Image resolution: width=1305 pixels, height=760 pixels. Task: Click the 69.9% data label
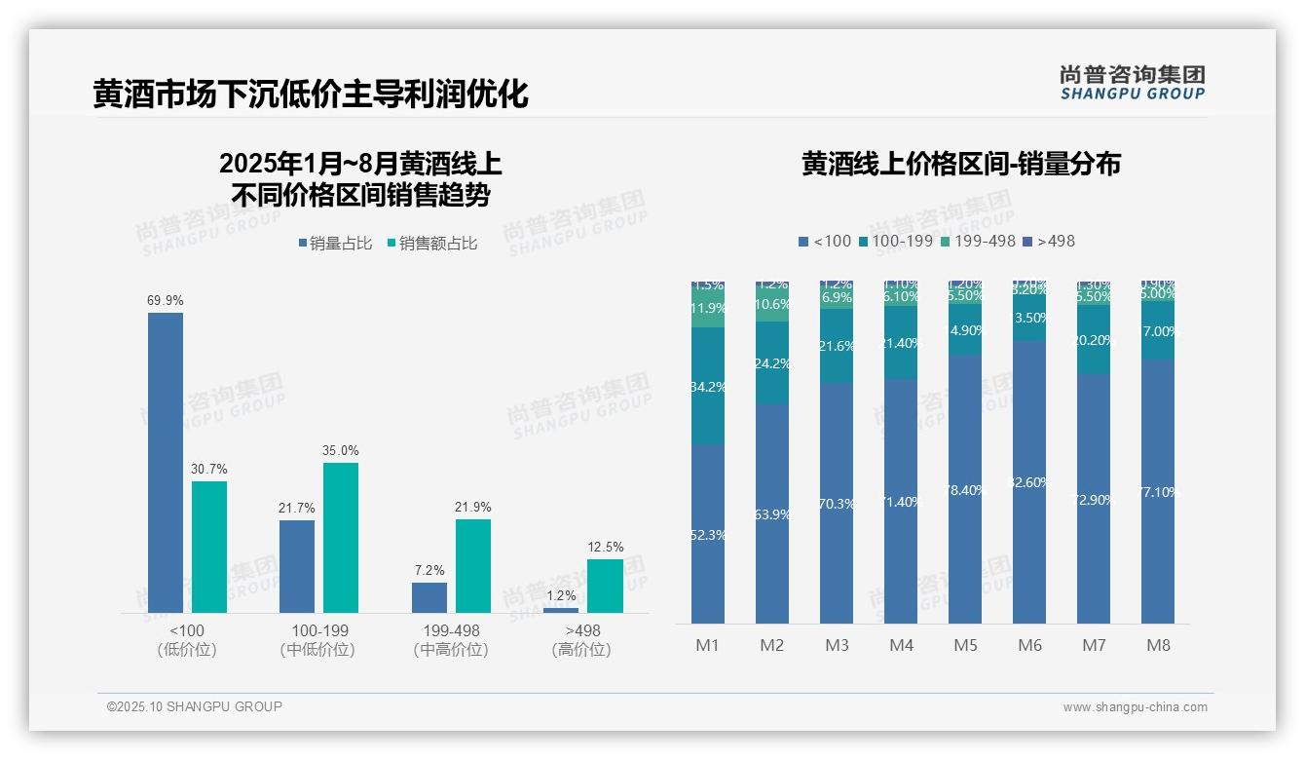pos(166,301)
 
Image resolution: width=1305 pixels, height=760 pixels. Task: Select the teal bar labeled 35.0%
pos(341,537)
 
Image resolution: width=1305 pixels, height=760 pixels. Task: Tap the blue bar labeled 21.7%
pos(297,566)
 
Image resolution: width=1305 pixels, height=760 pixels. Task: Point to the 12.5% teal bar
pos(605,586)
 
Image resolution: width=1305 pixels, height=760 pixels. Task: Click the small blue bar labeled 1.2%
pos(560,610)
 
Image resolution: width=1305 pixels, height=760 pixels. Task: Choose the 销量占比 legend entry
pos(335,244)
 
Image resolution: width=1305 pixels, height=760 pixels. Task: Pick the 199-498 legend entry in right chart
pos(978,241)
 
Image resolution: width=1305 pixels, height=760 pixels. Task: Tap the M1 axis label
pos(707,645)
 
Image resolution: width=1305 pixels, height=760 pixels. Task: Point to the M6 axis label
pos(1029,645)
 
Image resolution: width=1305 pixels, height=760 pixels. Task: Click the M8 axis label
pos(1158,645)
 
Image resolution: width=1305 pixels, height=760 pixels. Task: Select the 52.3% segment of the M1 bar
pos(707,534)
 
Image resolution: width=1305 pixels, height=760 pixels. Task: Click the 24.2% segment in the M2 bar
pos(771,363)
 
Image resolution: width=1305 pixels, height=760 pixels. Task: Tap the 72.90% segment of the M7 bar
pos(1094,499)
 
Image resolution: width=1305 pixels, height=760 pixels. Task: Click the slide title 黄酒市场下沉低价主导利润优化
pos(311,94)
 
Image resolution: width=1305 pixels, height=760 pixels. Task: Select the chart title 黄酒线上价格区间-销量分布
pos(961,164)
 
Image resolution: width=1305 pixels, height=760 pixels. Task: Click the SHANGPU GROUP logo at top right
pos(1132,83)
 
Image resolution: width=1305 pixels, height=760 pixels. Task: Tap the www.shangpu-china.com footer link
pos(1135,707)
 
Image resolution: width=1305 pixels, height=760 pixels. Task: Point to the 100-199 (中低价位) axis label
pos(318,640)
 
